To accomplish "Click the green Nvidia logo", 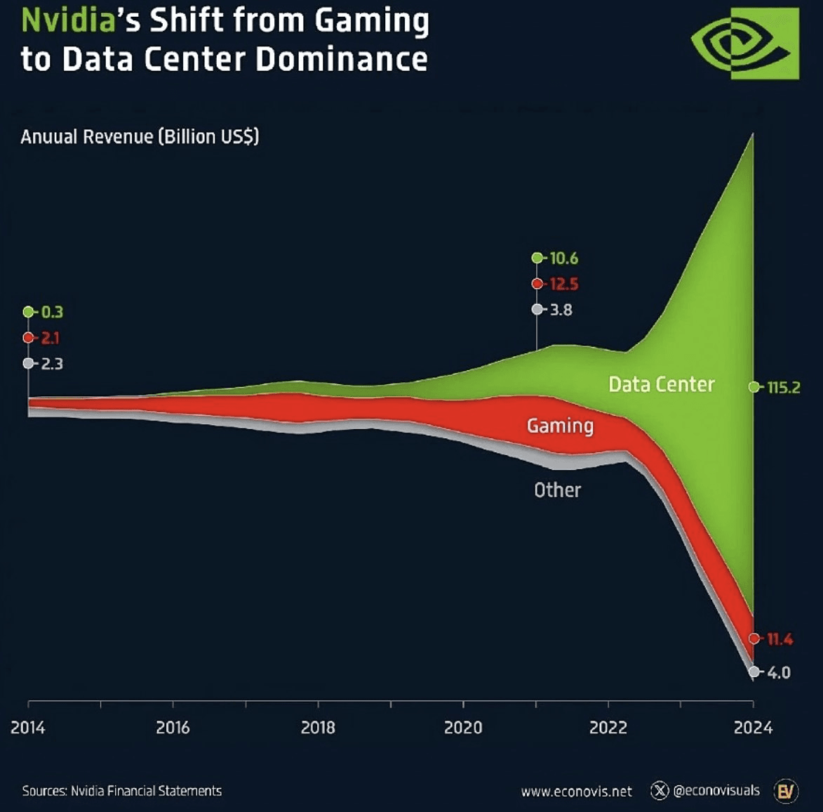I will tap(745, 44).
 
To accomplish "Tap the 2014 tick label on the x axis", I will tap(28, 727).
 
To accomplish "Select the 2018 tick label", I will tap(318, 727).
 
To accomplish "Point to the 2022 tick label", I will tap(608, 727).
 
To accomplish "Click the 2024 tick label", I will tap(753, 727).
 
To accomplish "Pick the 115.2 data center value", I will tap(783, 388).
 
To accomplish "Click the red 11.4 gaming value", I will tap(779, 639).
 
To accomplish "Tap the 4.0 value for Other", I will tap(778, 673).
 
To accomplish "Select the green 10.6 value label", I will tap(563, 258).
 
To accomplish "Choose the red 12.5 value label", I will tap(563, 284).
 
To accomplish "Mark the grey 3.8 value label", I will tap(561, 310).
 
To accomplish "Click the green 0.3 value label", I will tap(52, 312).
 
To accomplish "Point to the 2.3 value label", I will tap(52, 364).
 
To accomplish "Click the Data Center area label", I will tap(661, 384).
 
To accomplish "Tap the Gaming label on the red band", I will tap(560, 426).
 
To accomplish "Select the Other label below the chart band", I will tap(557, 490).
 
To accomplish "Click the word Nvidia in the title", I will tap(68, 20).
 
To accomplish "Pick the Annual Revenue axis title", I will tap(140, 136).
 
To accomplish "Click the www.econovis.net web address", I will tap(576, 792).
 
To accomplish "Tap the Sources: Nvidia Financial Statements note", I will tap(121, 791).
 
